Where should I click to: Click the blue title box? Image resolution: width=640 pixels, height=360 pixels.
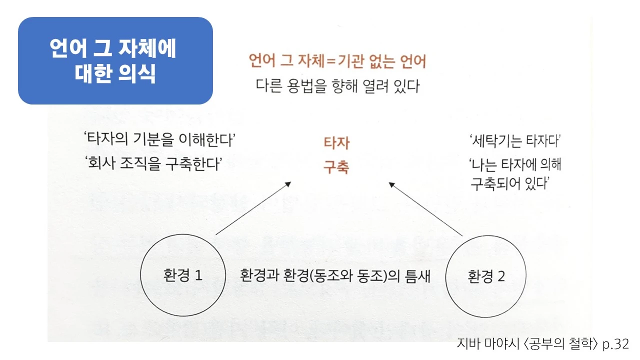coord(115,60)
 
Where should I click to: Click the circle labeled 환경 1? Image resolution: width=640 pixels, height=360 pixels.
coord(182,275)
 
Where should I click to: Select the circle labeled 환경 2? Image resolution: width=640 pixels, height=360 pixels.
coord(486,276)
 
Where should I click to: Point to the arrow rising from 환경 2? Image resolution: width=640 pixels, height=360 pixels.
coord(425,209)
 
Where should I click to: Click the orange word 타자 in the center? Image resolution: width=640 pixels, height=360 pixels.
coord(336,143)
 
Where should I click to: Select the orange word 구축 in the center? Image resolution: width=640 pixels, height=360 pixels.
coord(336,167)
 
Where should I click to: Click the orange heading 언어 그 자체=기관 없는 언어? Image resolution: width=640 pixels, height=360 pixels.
coord(337,62)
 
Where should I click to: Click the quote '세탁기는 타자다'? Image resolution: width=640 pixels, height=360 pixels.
coord(514,141)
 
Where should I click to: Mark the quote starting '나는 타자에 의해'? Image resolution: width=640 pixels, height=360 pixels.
coord(514,174)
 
